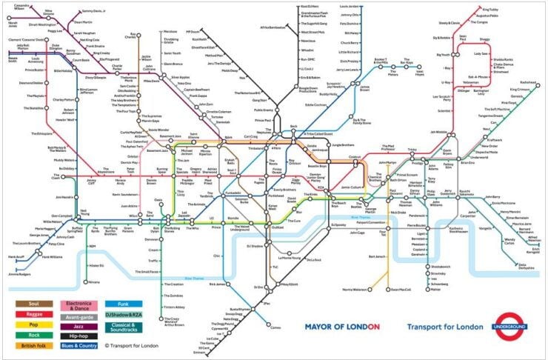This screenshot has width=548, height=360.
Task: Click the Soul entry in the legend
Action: point(33,304)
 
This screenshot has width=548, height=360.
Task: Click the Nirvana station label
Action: point(93,282)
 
